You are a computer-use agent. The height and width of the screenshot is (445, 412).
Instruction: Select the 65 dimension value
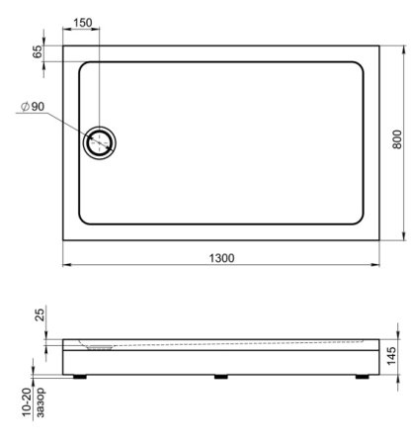pos(38,53)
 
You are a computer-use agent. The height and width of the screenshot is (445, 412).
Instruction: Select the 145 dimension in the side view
pos(393,354)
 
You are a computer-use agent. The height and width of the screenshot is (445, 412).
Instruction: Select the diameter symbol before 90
pos(23,109)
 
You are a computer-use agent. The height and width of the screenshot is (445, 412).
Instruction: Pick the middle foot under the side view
pos(219,375)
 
